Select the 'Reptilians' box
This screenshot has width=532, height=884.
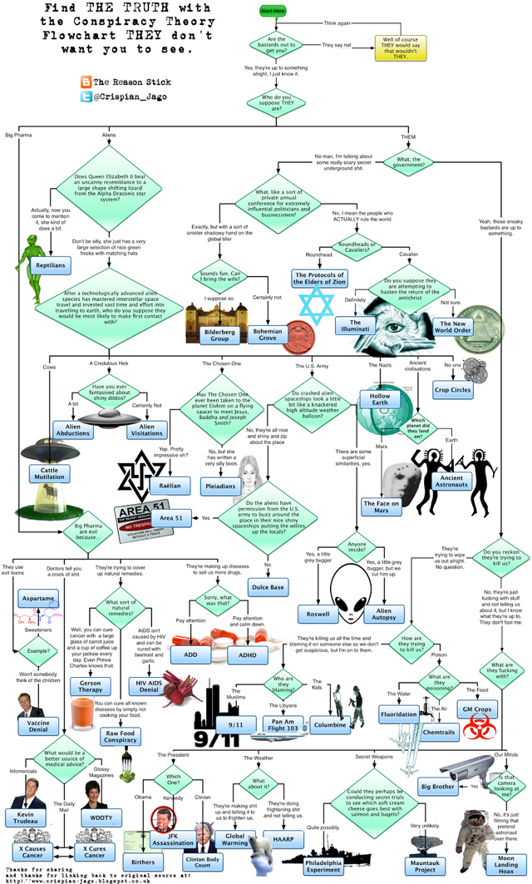pyautogui.click(x=48, y=264)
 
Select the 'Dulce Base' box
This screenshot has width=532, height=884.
pyautogui.click(x=268, y=587)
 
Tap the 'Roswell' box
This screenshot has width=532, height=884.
pyautogui.click(x=318, y=614)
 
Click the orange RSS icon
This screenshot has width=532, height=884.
pyautogui.click(x=85, y=81)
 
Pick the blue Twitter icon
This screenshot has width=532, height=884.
pyautogui.click(x=85, y=97)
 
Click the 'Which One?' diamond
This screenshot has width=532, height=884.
pyautogui.click(x=174, y=781)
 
